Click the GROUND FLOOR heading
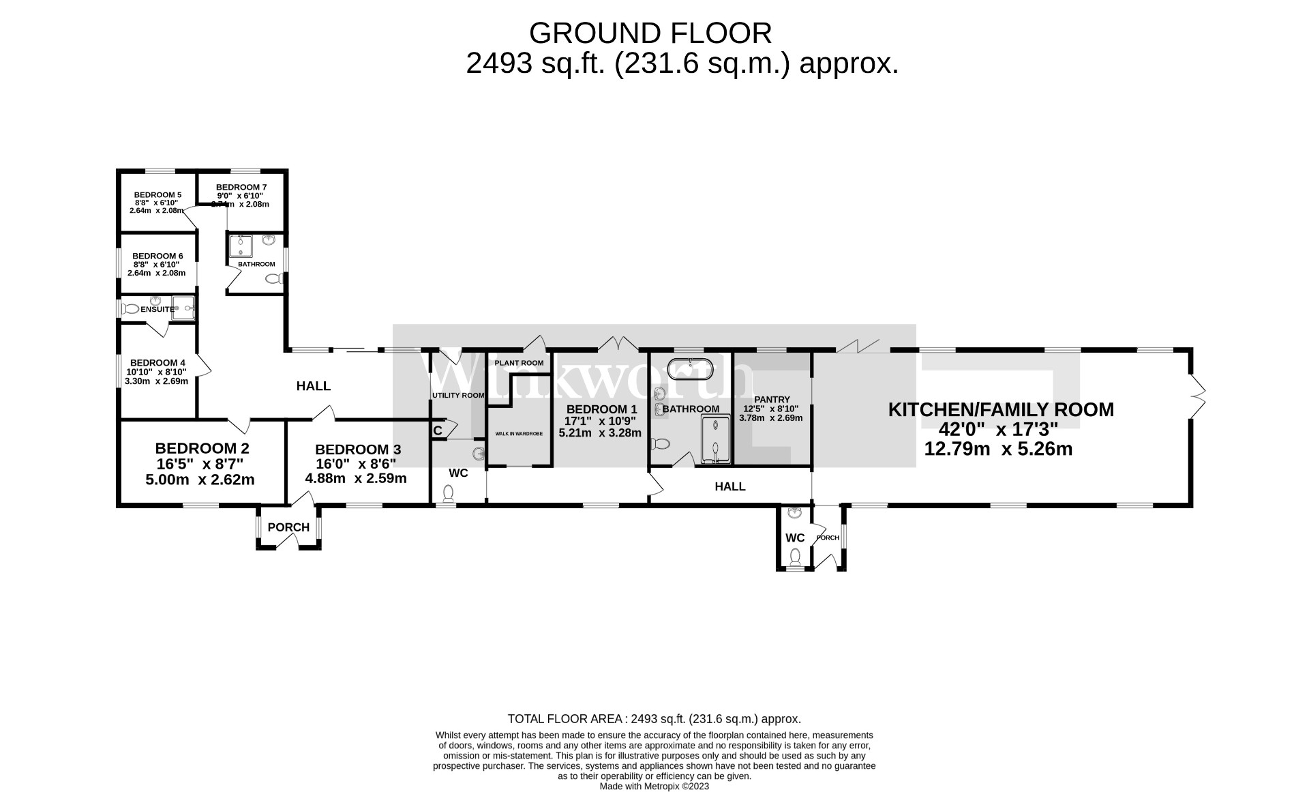click(x=650, y=33)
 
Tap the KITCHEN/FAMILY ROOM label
click(x=1000, y=409)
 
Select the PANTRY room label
click(x=772, y=400)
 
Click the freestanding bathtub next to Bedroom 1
click(x=690, y=369)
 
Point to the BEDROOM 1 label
click(x=600, y=409)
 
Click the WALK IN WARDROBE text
click(x=519, y=434)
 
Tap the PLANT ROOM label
click(x=519, y=363)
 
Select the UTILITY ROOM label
click(x=457, y=395)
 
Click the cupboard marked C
click(x=438, y=430)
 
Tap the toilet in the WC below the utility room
click(x=449, y=492)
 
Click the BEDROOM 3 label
click(x=357, y=450)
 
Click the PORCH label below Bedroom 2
click(x=288, y=527)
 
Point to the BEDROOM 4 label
click(x=157, y=363)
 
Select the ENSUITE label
click(x=157, y=309)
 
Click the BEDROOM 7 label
click(x=241, y=187)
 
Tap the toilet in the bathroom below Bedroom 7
click(x=273, y=278)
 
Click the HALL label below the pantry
click(x=729, y=486)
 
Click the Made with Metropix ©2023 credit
click(x=654, y=786)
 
